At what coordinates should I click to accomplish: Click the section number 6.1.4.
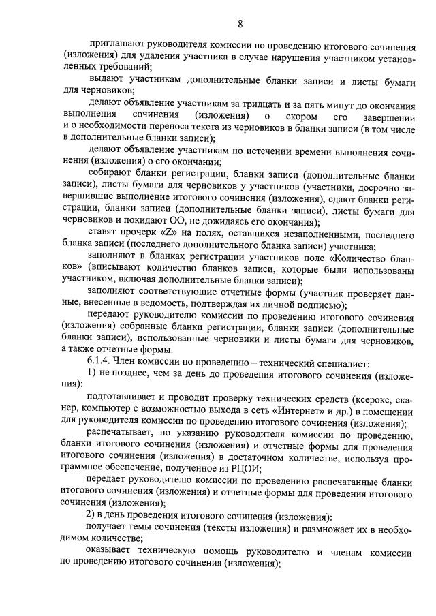99,360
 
